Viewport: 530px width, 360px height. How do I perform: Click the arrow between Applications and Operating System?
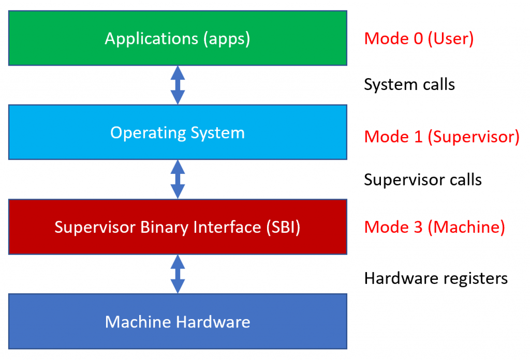click(178, 85)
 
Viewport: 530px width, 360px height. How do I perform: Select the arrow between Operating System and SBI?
click(178, 179)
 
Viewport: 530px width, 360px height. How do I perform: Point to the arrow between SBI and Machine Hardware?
click(178, 274)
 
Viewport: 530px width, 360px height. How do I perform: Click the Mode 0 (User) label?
click(419, 39)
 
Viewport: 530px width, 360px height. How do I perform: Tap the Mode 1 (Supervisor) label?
click(441, 137)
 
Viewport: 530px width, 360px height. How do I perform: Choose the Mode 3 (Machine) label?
click(434, 228)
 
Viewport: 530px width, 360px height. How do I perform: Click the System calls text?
click(409, 85)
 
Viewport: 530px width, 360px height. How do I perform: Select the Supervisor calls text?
click(422, 180)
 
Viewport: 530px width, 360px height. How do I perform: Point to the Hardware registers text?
click(436, 278)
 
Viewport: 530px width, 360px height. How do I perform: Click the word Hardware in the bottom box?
click(213, 322)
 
